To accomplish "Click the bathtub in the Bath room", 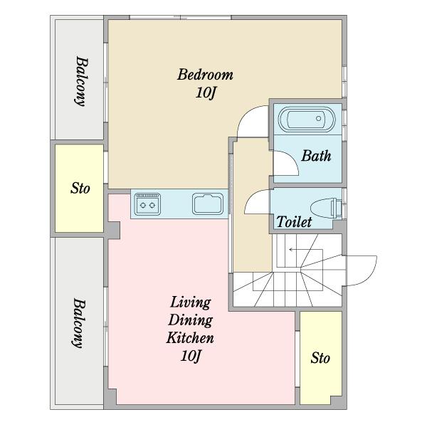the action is coord(307,119).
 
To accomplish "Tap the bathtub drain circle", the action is coord(318,118).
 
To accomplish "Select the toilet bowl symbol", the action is coord(325,208).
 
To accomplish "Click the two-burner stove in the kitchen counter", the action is coord(147,204).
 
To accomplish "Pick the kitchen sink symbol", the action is coord(208,204).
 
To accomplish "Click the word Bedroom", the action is coord(205,75).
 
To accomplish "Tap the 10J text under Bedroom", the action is coord(206,93).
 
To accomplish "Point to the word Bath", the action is coord(316,156).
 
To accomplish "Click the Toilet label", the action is coord(294,221).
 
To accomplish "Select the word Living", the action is coord(190,302).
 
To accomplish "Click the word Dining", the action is coord(190,320).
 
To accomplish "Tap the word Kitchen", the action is coord(190,338).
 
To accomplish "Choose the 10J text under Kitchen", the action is coord(190,356).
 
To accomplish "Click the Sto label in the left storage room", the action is coord(80,188).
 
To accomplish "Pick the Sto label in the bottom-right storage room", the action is coord(320,358).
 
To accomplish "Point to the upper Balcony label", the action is coord(81,81).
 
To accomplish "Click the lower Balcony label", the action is coord(79,323).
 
